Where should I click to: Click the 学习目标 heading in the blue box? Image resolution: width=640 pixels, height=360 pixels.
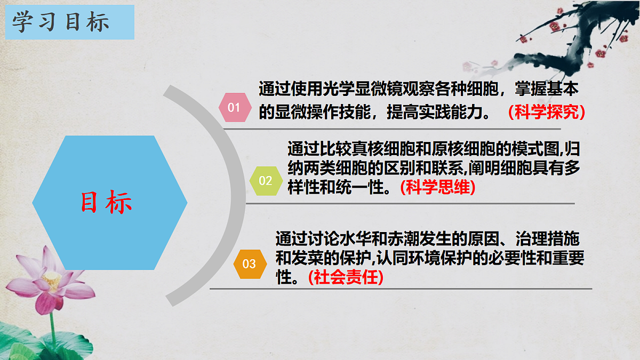tap(61, 22)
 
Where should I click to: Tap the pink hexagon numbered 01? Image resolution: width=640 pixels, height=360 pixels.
tap(234, 107)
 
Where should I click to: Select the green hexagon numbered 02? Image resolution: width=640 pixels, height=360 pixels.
tap(265, 180)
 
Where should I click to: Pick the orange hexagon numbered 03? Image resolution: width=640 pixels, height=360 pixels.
tap(249, 263)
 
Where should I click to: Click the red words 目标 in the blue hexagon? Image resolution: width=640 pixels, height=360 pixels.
tap(107, 203)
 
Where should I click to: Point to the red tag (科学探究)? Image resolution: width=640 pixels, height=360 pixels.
tap(547, 112)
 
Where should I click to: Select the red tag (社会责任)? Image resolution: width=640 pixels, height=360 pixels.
tap(346, 277)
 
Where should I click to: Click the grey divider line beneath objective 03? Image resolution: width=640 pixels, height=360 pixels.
tap(400, 289)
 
